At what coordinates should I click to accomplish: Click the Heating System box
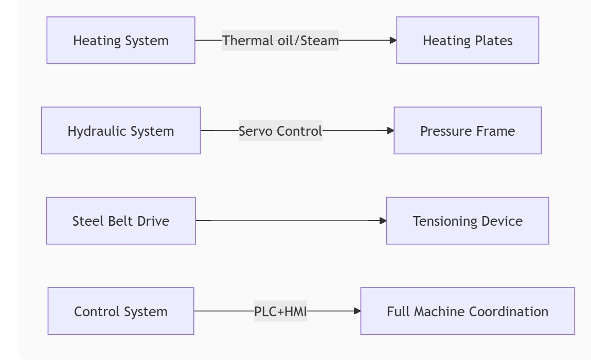coord(121,40)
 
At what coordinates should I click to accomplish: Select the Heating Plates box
coord(468,40)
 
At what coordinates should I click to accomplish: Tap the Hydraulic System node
coord(121,131)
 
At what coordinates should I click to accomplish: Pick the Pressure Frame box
coord(468,131)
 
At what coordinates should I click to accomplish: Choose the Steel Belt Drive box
coord(121,221)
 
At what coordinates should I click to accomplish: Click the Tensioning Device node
coord(468,221)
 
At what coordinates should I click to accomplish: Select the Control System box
coord(121,311)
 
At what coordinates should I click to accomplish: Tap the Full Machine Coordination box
coord(468,311)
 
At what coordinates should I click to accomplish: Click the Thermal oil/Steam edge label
coord(280,40)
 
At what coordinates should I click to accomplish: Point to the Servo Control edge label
coord(280,131)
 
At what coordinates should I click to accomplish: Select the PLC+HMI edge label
coord(280,311)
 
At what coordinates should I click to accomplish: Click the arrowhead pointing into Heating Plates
coord(393,40)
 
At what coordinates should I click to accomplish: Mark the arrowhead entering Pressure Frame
coord(390,131)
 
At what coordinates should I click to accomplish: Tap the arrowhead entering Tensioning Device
coord(383,221)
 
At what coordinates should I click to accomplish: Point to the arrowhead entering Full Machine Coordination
coord(357,311)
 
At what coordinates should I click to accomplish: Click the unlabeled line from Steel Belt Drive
coord(288,221)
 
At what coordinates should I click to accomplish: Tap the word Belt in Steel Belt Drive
coord(121,221)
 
